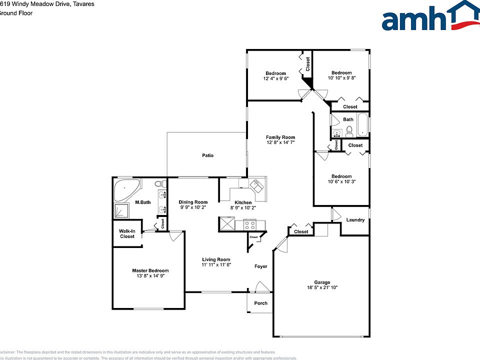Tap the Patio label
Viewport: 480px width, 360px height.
(207, 155)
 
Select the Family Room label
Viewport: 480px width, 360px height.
(280, 137)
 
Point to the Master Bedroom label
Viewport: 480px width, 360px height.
(150, 270)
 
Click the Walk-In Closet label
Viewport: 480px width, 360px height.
(127, 233)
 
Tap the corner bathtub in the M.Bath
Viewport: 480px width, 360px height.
(126, 189)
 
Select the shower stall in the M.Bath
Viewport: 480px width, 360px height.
(123, 212)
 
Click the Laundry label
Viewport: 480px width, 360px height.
(355, 220)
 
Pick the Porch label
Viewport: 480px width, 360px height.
(260, 303)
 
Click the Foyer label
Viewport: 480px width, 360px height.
(260, 266)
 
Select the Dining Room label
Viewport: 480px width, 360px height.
(193, 202)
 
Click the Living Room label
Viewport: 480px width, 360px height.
(216, 259)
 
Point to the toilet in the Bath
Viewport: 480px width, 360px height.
(349, 131)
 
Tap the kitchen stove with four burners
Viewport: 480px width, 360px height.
(250, 225)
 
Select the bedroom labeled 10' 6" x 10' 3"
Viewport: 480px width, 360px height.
(341, 176)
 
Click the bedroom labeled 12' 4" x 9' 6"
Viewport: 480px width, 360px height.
(275, 73)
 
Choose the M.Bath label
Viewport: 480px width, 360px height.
(143, 202)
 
